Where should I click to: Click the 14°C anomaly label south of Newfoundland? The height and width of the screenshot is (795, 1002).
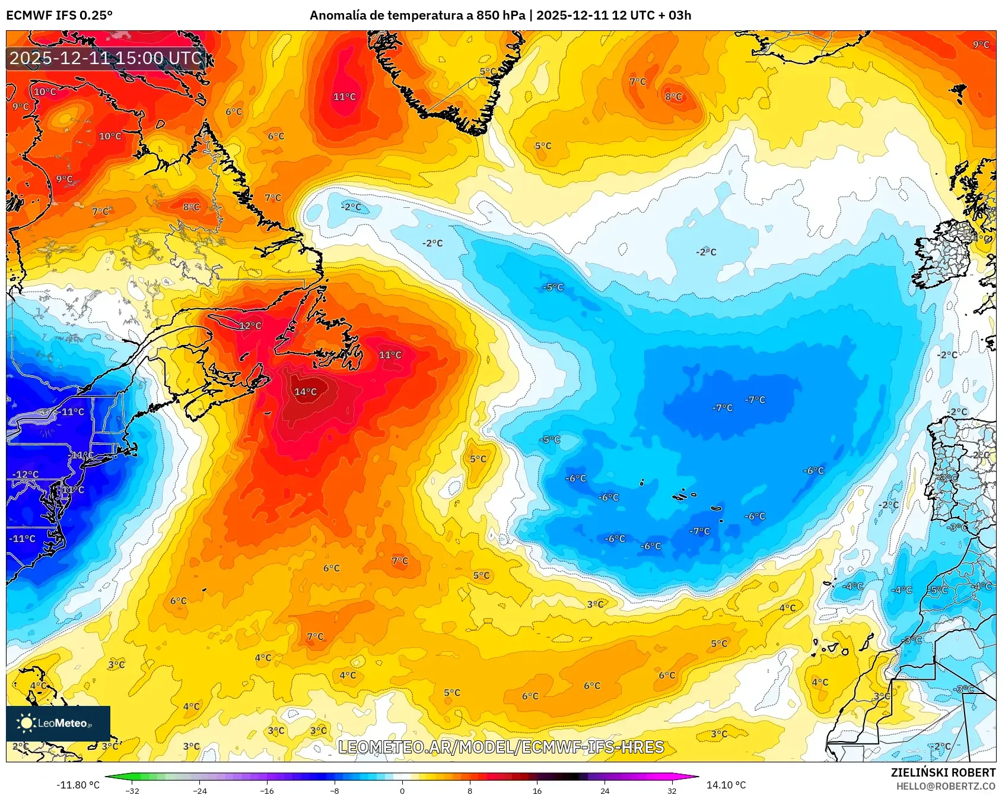[x=306, y=392]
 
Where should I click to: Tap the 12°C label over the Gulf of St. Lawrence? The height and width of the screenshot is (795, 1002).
[x=250, y=326]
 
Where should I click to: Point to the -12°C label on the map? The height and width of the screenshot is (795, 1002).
[x=26, y=474]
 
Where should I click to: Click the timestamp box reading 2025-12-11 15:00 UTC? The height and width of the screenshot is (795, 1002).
[x=106, y=58]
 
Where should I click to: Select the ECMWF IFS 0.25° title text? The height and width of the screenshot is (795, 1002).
[x=59, y=15]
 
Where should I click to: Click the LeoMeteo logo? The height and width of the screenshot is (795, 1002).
[x=58, y=723]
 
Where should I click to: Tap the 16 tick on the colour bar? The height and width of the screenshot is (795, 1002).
[x=537, y=790]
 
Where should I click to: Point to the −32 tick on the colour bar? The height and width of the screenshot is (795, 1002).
[x=132, y=790]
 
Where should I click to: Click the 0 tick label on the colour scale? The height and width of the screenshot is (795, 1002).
[x=402, y=790]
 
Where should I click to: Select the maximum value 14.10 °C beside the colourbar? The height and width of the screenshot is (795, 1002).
[x=726, y=785]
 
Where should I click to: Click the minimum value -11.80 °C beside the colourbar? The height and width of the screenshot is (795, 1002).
[x=78, y=785]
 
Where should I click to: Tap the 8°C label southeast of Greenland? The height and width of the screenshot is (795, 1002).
[x=673, y=97]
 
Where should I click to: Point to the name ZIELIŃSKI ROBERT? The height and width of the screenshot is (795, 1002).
[x=943, y=772]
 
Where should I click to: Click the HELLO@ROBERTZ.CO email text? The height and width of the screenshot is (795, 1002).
[x=946, y=786]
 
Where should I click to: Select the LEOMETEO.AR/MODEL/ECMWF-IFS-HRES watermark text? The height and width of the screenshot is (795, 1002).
[x=501, y=747]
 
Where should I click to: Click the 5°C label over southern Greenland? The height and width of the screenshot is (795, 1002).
[x=488, y=72]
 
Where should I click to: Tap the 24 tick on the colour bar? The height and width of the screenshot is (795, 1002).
[x=605, y=790]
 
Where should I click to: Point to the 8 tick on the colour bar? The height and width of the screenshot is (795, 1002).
[x=470, y=790]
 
